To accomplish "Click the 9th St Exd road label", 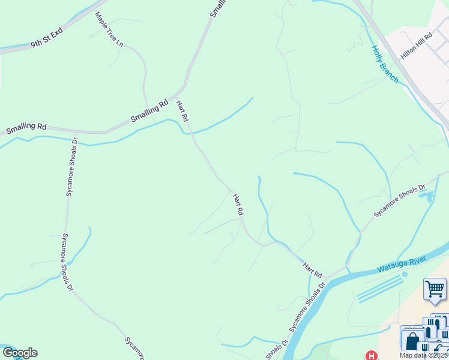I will click(47, 40).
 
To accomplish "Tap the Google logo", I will click(20, 353).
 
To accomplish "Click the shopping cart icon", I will click(435, 289).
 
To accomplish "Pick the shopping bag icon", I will click(412, 340).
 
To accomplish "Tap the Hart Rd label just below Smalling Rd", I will click(182, 112).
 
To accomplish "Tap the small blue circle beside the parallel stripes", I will click(405, 274).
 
